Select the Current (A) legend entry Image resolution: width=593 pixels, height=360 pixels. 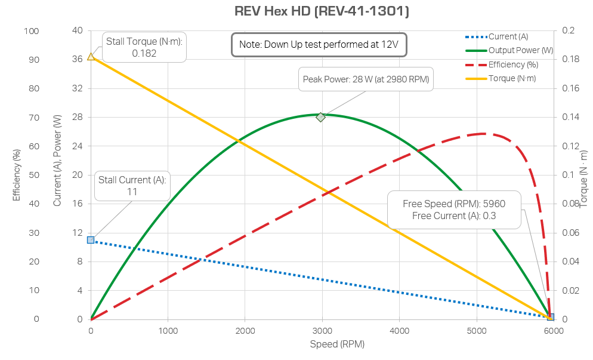click(508, 36)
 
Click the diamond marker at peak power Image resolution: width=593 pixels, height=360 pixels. click(321, 117)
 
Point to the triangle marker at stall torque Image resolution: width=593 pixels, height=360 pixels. click(91, 57)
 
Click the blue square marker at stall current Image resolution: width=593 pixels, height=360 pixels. click(91, 240)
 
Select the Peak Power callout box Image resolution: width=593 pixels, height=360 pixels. click(366, 79)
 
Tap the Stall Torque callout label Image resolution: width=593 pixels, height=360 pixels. click(144, 47)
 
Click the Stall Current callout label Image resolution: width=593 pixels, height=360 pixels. click(132, 186)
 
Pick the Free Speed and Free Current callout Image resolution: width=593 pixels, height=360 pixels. click(454, 210)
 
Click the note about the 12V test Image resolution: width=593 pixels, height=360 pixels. click(319, 45)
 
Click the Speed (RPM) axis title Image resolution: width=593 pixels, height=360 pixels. click(337, 344)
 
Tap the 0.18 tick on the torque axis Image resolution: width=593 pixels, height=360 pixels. click(569, 60)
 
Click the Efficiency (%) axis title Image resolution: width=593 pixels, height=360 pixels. click(17, 175)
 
